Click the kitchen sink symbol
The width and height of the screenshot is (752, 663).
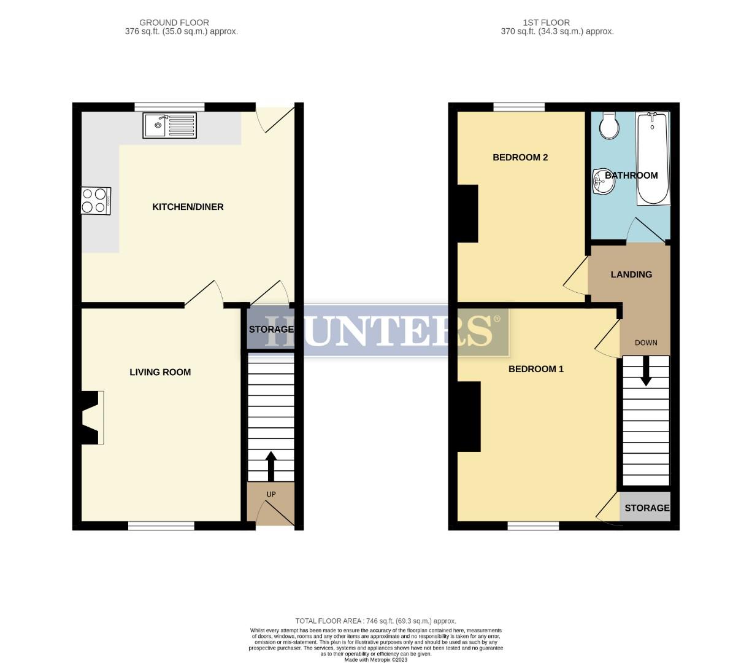[x=170, y=126]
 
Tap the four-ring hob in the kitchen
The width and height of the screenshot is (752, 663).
[x=96, y=200]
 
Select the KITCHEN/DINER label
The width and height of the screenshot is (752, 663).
[x=188, y=207]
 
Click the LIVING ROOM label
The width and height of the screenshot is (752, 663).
[x=160, y=372]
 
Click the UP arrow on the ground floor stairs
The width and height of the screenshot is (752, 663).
[x=270, y=467]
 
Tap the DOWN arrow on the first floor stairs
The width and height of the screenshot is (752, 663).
[x=645, y=372]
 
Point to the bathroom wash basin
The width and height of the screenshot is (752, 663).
[x=602, y=182]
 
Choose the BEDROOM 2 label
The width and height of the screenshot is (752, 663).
[x=520, y=157]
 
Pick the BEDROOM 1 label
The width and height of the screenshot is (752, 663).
[x=536, y=369]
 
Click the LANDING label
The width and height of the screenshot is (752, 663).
[x=631, y=274]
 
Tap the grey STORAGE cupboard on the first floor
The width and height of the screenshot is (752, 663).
[x=645, y=507]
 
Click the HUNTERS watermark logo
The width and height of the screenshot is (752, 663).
[x=386, y=330]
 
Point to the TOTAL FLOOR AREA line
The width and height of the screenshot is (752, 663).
[x=376, y=621]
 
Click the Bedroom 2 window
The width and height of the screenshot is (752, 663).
[x=520, y=107]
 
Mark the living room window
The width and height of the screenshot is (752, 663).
[x=161, y=525]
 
